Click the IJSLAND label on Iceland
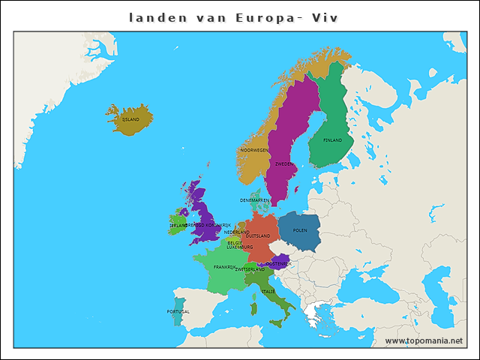(131, 119)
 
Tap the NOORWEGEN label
(254, 150)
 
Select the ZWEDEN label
(284, 163)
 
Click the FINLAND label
(332, 140)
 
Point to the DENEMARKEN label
(255, 200)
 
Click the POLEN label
(300, 230)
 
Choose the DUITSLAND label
(257, 235)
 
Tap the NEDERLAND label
(236, 232)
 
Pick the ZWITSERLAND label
(250, 270)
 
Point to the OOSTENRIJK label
(278, 264)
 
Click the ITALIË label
(268, 291)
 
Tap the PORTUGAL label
(178, 311)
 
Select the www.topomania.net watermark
(424, 340)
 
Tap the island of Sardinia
(254, 308)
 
